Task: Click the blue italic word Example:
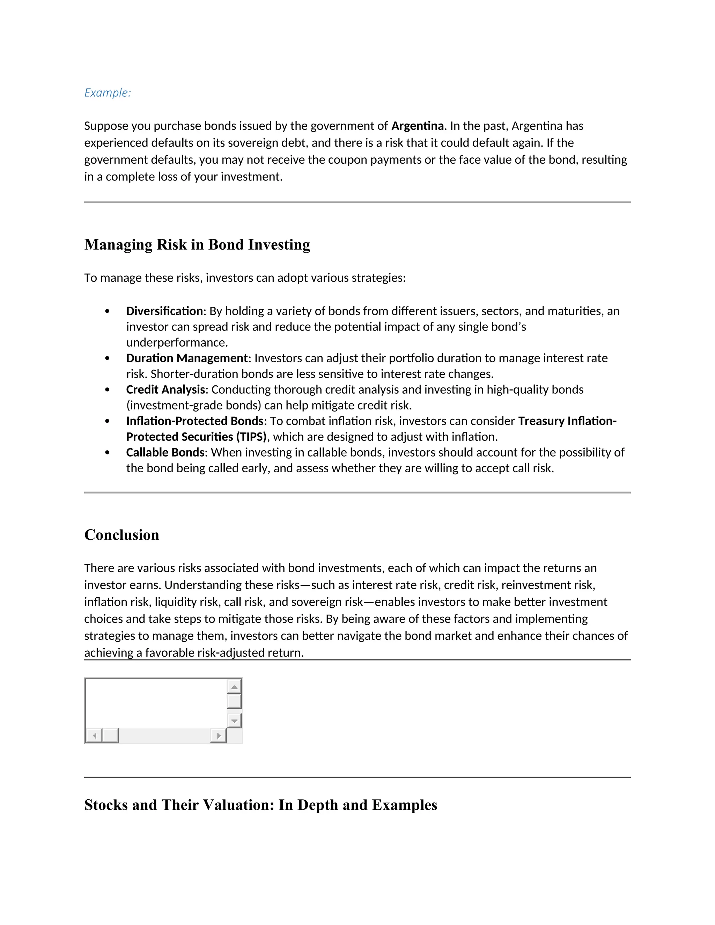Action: [x=108, y=93]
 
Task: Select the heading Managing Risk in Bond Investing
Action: [x=197, y=245]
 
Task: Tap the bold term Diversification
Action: [x=164, y=311]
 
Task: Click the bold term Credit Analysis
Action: [x=165, y=389]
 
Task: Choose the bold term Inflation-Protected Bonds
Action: [x=195, y=421]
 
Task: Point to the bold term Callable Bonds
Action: [x=165, y=452]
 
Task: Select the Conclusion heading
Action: [x=121, y=535]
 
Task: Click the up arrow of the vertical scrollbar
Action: [x=234, y=687]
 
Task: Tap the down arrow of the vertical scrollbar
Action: [x=234, y=720]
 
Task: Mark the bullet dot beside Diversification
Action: [x=107, y=311]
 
